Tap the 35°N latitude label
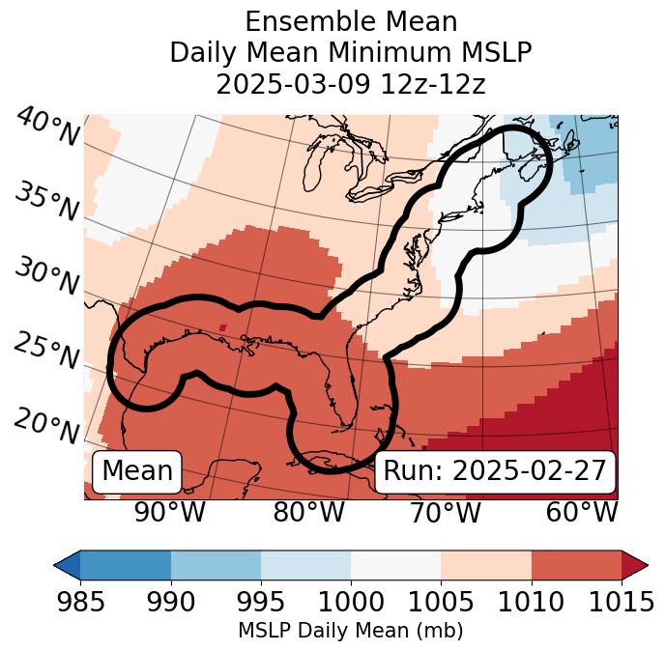tap(47, 201)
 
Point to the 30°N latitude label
tap(47, 276)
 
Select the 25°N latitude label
tap(47, 352)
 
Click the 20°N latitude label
tap(47, 425)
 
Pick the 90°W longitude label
tap(169, 512)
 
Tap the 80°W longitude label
tap(308, 512)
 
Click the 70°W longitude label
tap(447, 512)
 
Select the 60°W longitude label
tap(582, 512)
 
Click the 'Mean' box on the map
tap(137, 471)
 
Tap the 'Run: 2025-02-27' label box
tap(495, 471)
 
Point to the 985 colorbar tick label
tap(80, 602)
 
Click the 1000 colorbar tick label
tap(351, 602)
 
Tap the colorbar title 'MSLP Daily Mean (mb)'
tap(350, 631)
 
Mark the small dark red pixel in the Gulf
tap(223, 327)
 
